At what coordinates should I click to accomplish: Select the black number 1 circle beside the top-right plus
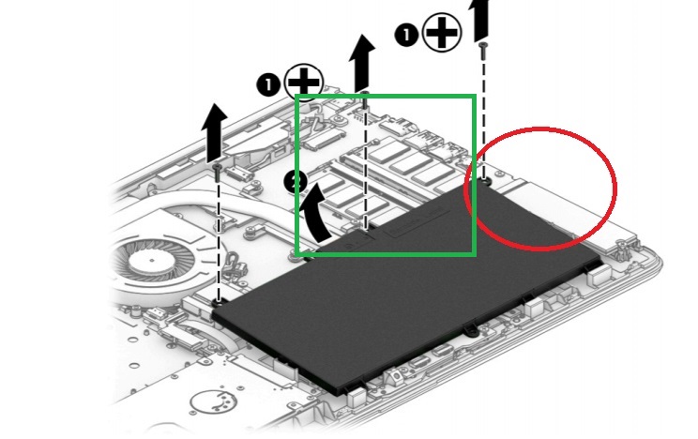click(404, 36)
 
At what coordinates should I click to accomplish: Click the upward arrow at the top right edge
click(480, 17)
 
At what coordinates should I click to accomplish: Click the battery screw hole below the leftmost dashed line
click(218, 302)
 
